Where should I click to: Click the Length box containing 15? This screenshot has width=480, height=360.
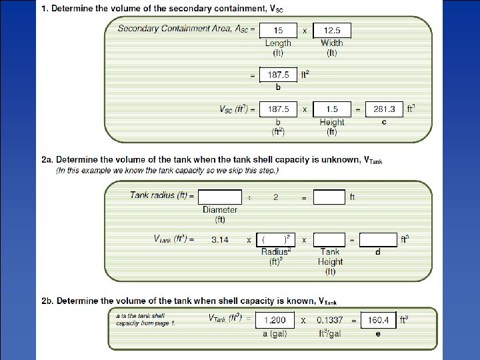click(277, 30)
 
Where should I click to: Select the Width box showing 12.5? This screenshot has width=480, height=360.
click(331, 30)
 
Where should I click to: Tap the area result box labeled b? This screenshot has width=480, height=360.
click(277, 75)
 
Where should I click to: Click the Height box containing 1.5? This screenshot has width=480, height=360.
click(331, 109)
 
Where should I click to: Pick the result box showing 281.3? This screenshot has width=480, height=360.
click(384, 109)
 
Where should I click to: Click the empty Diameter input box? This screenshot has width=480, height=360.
click(220, 197)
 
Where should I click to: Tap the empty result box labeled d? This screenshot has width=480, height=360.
click(378, 239)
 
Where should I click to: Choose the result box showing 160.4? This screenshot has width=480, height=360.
click(378, 320)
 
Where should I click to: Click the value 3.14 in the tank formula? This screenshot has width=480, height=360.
click(220, 239)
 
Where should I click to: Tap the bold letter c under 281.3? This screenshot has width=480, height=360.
click(384, 122)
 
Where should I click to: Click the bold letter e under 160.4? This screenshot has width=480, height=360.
click(378, 333)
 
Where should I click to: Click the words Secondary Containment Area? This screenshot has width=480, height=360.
click(175, 29)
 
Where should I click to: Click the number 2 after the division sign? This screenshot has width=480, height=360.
click(276, 197)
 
